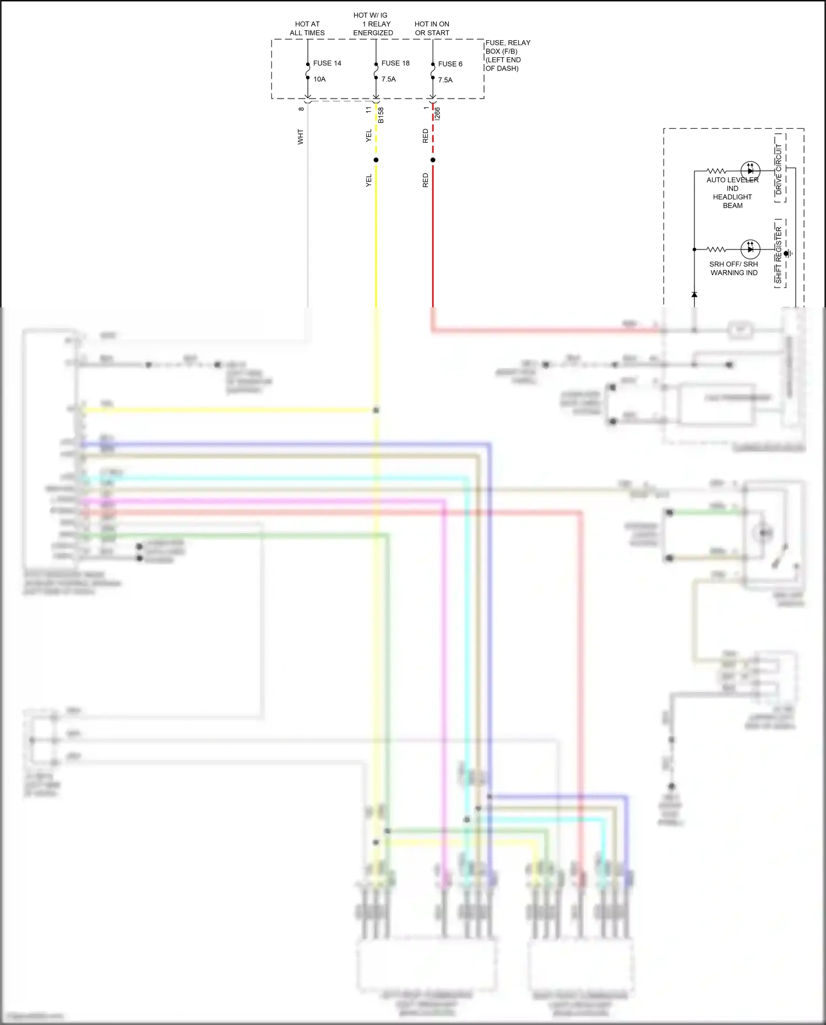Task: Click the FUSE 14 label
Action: pyautogui.click(x=327, y=63)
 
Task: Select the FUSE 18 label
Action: pyautogui.click(x=395, y=63)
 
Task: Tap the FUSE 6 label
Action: pyautogui.click(x=450, y=64)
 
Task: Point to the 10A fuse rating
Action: pyautogui.click(x=319, y=79)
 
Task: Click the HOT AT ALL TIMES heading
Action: pyautogui.click(x=307, y=29)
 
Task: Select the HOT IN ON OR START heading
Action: pyautogui.click(x=432, y=29)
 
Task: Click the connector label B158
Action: pyautogui.click(x=381, y=115)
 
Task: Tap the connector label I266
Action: pyautogui.click(x=437, y=113)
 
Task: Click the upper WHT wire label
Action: pyautogui.click(x=301, y=137)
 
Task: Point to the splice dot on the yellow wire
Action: pyautogui.click(x=376, y=160)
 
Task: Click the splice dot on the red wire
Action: pyautogui.click(x=433, y=160)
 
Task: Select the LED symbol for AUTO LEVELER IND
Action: pyautogui.click(x=750, y=171)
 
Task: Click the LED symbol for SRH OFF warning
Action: pyautogui.click(x=750, y=250)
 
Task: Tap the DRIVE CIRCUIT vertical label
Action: pyautogui.click(x=779, y=169)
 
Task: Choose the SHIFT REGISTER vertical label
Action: pyautogui.click(x=779, y=255)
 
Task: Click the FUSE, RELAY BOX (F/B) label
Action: pyautogui.click(x=507, y=55)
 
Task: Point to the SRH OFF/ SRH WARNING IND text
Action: pyautogui.click(x=733, y=268)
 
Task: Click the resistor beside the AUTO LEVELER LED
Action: pyautogui.click(x=716, y=171)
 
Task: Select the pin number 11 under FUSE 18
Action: pyautogui.click(x=369, y=110)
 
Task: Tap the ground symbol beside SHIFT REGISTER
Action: pyautogui.click(x=789, y=253)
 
